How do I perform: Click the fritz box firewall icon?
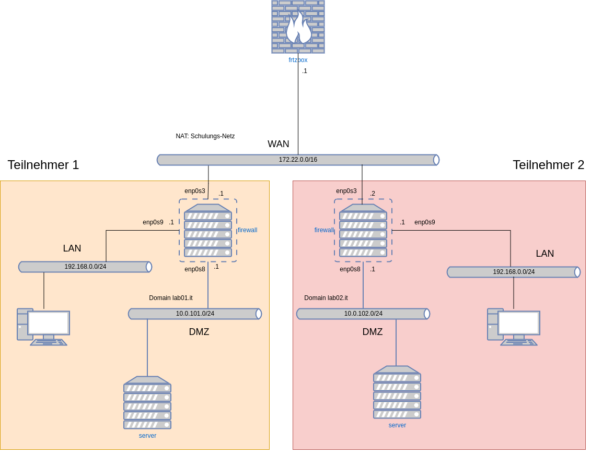(298, 27)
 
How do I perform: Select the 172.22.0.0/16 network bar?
(298, 160)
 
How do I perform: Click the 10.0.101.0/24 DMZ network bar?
(195, 314)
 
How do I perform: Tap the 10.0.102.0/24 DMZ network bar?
(363, 314)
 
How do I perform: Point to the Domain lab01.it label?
(171, 298)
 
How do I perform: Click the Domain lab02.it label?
(326, 298)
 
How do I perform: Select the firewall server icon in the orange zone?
(208, 230)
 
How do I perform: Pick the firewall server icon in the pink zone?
(363, 230)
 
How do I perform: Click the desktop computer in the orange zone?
(43, 327)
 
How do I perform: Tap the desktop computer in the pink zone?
(514, 327)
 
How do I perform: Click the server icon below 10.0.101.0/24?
(147, 402)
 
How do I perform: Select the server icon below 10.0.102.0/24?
(397, 392)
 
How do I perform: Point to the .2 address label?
(373, 194)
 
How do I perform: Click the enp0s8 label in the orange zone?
(195, 269)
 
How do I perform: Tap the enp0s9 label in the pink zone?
(425, 222)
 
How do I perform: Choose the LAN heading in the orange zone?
(72, 248)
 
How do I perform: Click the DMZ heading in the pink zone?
(373, 332)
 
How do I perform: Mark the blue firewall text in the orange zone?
(248, 230)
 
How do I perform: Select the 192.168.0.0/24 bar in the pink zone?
(514, 272)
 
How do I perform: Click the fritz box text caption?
(298, 60)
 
